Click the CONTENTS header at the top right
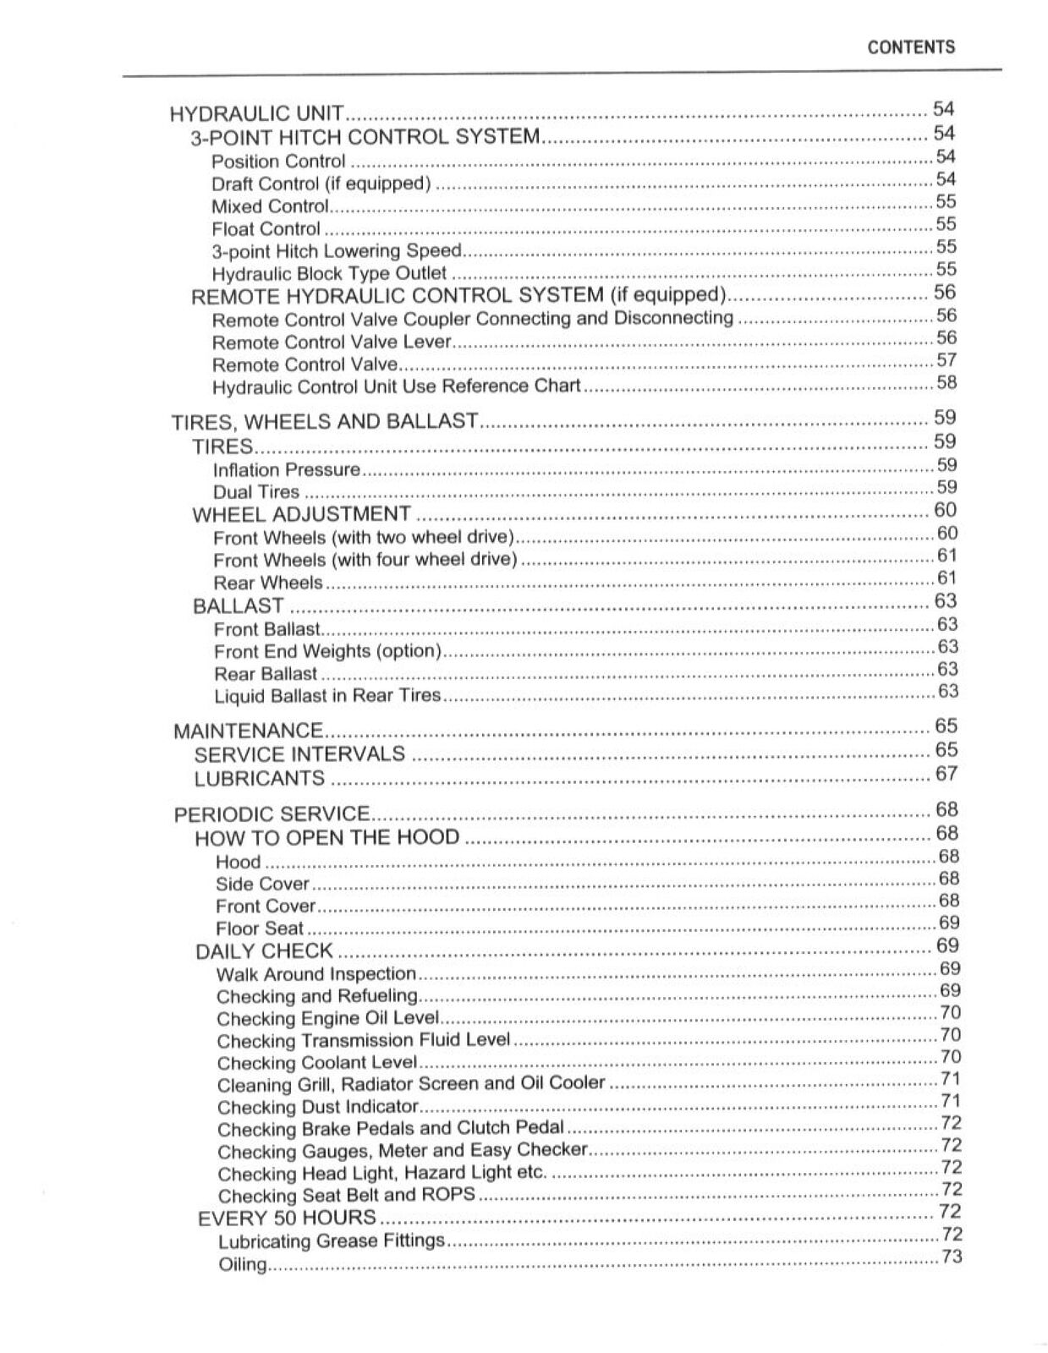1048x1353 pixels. (x=911, y=47)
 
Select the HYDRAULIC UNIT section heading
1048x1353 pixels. (x=257, y=113)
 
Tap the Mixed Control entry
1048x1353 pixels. (x=269, y=206)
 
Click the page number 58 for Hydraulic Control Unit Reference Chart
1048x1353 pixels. (x=946, y=382)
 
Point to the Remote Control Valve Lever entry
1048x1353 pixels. (x=332, y=342)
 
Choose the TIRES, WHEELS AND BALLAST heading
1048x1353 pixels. (x=325, y=421)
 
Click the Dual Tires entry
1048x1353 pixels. (x=256, y=492)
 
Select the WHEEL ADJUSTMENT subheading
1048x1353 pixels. (x=302, y=514)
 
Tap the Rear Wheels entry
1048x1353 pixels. (x=268, y=583)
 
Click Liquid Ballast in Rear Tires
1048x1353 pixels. (x=327, y=695)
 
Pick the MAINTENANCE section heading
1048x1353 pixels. (x=248, y=731)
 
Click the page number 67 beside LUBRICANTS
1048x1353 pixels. (x=946, y=773)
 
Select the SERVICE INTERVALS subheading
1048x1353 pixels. (x=299, y=754)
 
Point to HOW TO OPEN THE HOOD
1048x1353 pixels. (x=327, y=838)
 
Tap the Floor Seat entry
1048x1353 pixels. (x=259, y=928)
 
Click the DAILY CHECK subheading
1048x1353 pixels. (x=264, y=951)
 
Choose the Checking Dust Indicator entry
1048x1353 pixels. (x=318, y=1107)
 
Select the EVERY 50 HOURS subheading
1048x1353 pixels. (x=287, y=1219)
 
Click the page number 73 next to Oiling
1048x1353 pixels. (x=952, y=1257)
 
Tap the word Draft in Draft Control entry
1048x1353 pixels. (x=231, y=184)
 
